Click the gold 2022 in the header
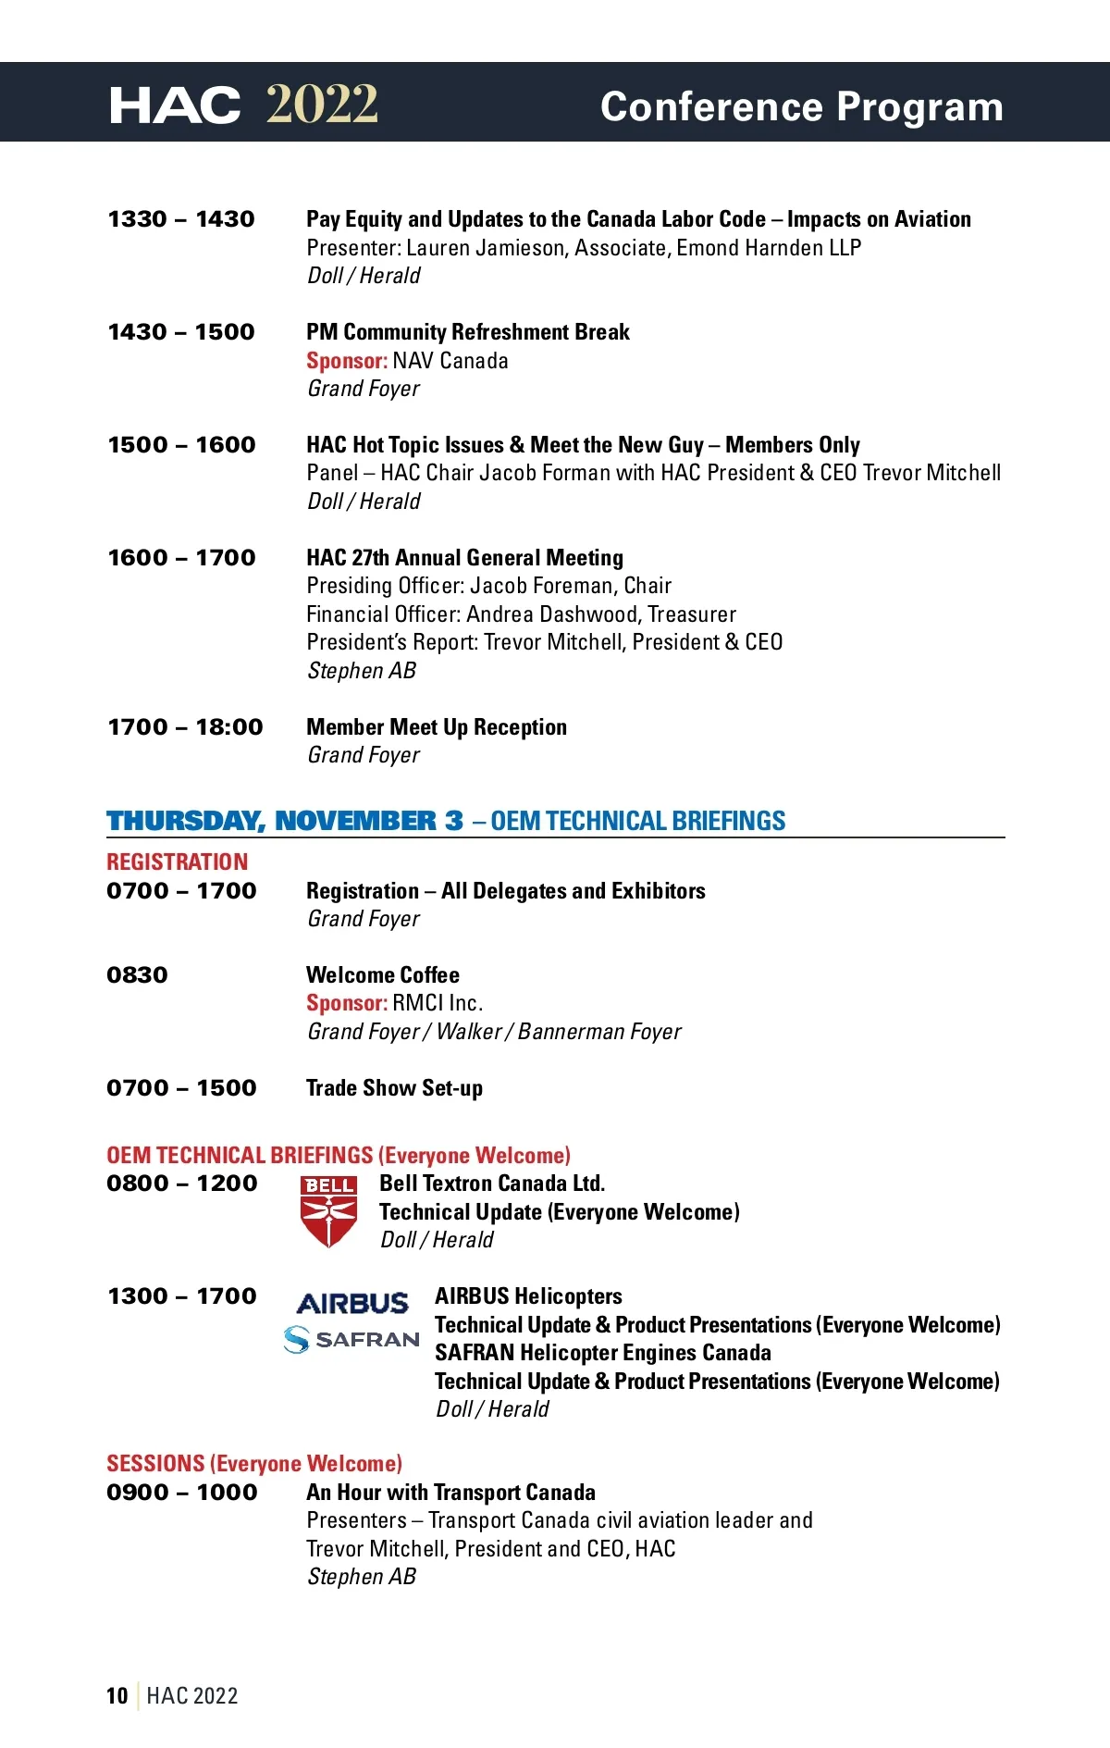[322, 104]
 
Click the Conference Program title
[801, 106]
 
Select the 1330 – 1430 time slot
[181, 219]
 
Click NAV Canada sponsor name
[450, 361]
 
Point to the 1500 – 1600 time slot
[181, 445]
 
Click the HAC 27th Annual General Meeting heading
[464, 558]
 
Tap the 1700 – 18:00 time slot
[185, 727]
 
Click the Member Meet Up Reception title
[437, 727]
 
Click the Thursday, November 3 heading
[285, 821]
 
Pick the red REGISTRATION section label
[177, 862]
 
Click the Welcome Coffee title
[383, 975]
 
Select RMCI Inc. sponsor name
[438, 1003]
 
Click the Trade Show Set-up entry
[394, 1088]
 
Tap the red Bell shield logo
[328, 1211]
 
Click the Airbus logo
[352, 1304]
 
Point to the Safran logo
[351, 1339]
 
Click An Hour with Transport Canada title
[450, 1493]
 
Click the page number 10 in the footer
[117, 1696]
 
